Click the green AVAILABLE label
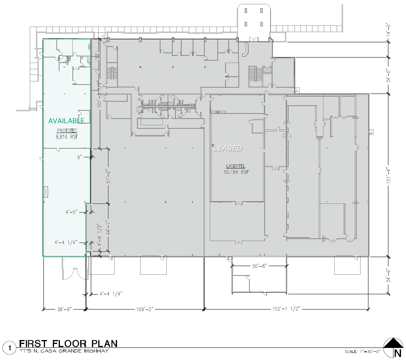(x=66, y=121)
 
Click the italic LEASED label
(x=227, y=148)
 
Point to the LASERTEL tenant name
(x=236, y=166)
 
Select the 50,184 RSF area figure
(x=236, y=172)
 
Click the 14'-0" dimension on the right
(x=388, y=29)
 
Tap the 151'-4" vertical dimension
(x=388, y=175)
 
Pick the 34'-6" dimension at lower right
(x=388, y=275)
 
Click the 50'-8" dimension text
(x=259, y=266)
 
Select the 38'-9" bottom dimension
(x=64, y=309)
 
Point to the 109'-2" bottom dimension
(x=144, y=309)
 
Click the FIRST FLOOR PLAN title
(x=68, y=344)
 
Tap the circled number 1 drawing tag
(x=9, y=347)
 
